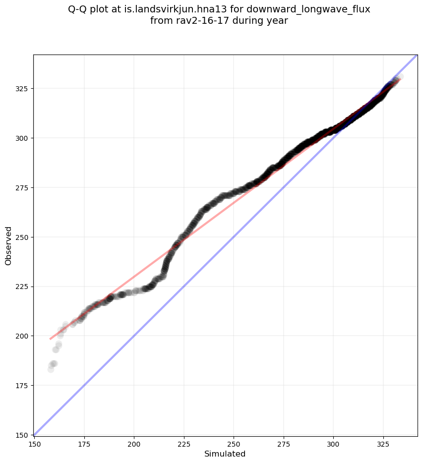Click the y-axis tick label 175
click(x=23, y=386)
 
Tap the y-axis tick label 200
click(x=23, y=336)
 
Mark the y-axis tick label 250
click(x=23, y=237)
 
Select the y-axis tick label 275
click(x=23, y=187)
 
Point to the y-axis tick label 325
click(x=23, y=88)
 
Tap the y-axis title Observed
click(x=8, y=245)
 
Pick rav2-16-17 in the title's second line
click(x=195, y=21)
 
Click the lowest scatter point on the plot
click(x=51, y=369)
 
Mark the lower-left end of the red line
click(x=51, y=339)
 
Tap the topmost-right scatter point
click(x=400, y=77)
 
